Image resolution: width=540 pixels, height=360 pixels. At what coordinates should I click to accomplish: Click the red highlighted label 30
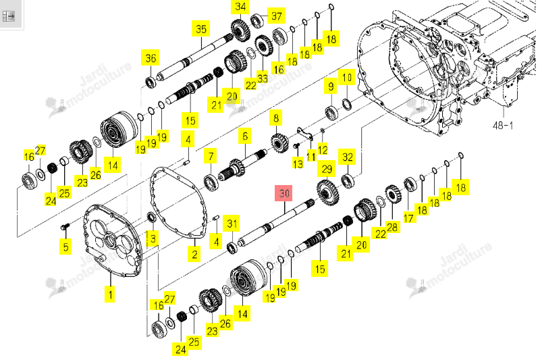[x=283, y=193]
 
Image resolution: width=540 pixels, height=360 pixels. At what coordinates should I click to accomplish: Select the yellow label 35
[x=201, y=28]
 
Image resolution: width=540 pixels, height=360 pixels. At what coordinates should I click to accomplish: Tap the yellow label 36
[x=151, y=58]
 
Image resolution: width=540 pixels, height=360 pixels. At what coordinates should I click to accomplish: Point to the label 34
[x=240, y=7]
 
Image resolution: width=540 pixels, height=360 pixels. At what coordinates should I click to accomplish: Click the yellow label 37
[x=277, y=16]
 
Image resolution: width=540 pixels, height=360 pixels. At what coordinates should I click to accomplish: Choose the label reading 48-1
[x=503, y=126]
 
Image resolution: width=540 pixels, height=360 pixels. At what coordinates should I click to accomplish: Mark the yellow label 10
[x=347, y=77]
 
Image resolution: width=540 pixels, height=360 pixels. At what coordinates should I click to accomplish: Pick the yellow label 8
[x=276, y=118]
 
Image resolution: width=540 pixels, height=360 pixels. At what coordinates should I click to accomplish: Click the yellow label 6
[x=245, y=136]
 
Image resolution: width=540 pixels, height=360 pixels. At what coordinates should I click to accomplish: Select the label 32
[x=348, y=157]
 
